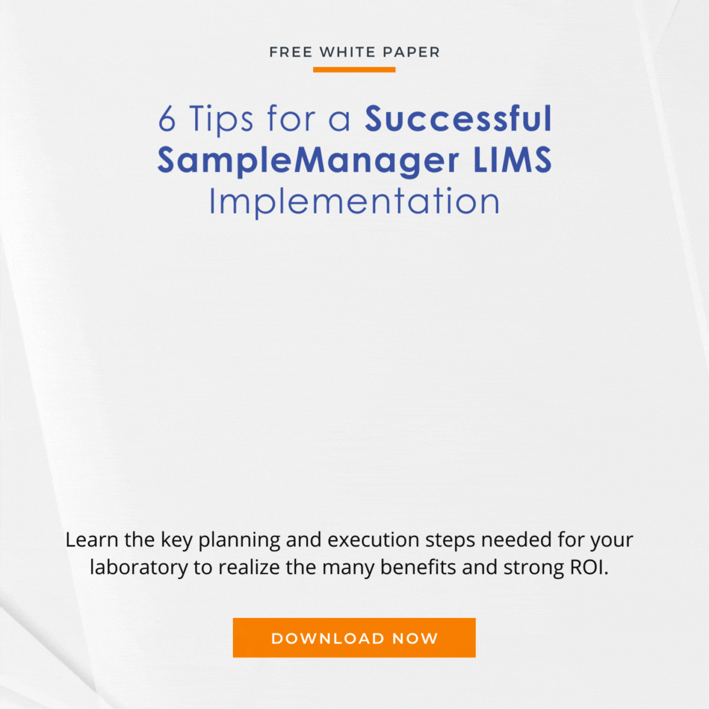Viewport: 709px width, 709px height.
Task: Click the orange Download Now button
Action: (x=354, y=638)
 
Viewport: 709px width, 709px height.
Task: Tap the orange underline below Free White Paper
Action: (x=354, y=70)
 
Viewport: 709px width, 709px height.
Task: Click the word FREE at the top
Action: (x=291, y=52)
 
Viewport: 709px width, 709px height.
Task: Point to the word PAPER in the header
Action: (x=411, y=52)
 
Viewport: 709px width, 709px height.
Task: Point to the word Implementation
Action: (x=354, y=201)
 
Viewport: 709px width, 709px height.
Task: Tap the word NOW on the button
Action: (x=415, y=638)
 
